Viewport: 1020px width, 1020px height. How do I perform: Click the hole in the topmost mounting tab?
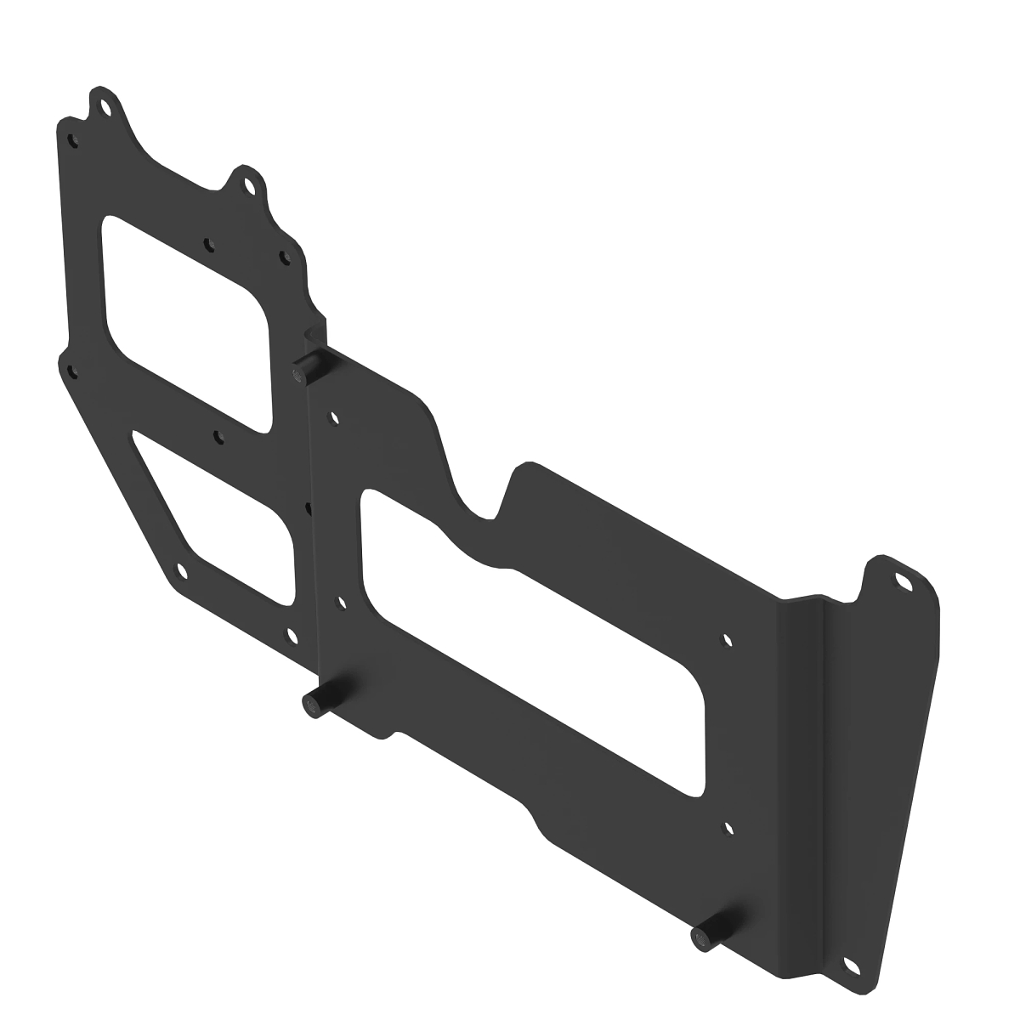[x=105, y=109]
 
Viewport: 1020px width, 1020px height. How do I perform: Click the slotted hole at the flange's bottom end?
[x=849, y=965]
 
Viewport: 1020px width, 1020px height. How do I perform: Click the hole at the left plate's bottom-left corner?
[x=178, y=571]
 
